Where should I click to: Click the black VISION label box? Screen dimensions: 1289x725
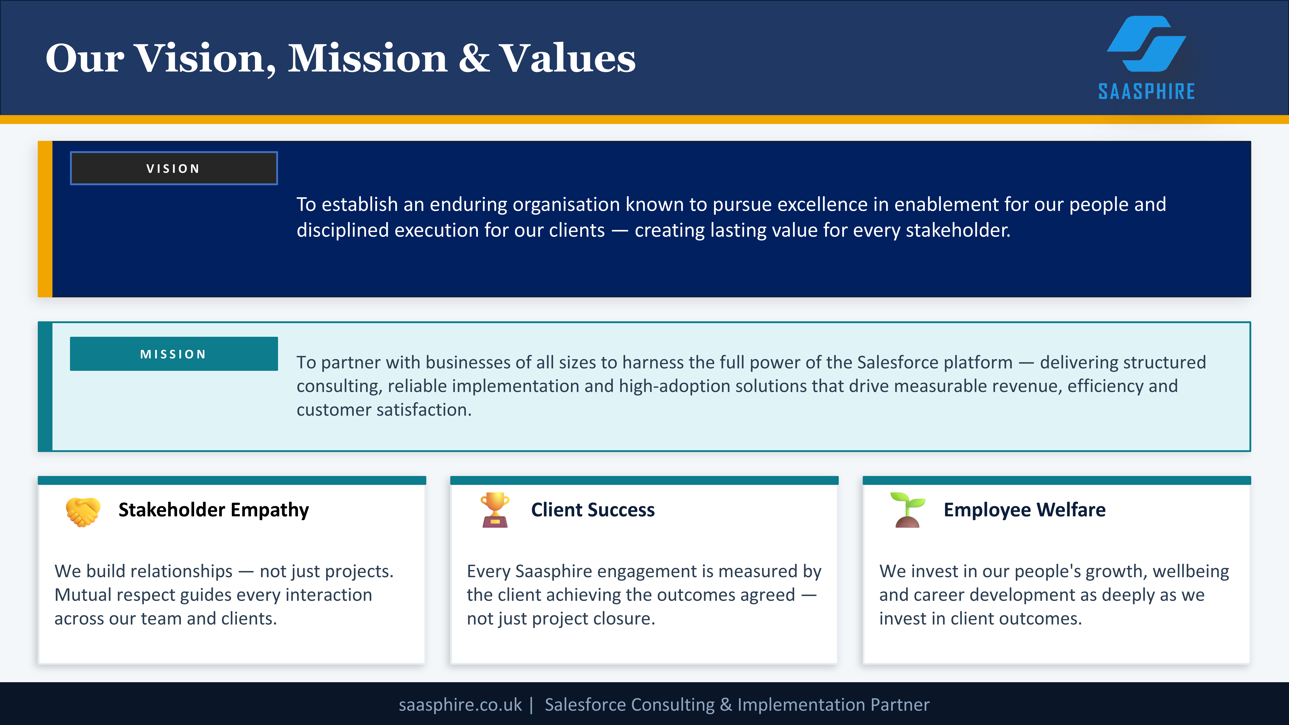tap(174, 168)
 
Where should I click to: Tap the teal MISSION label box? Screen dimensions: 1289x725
tap(174, 354)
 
